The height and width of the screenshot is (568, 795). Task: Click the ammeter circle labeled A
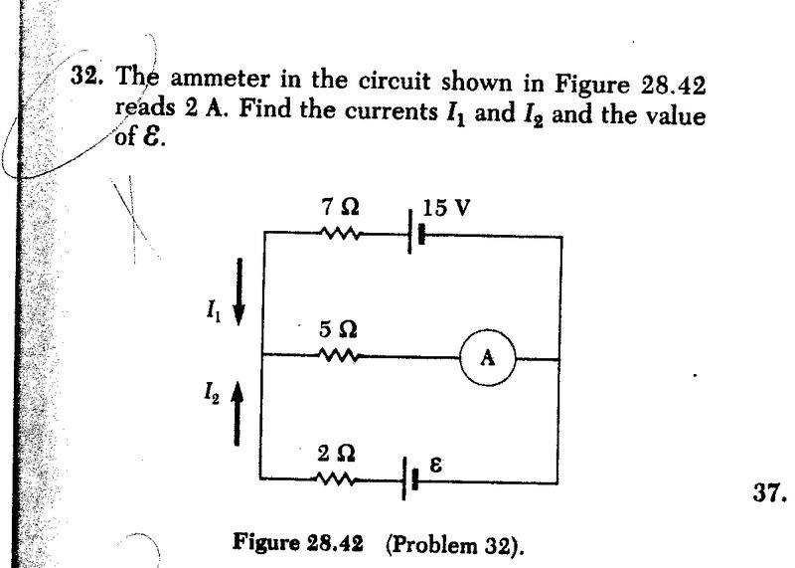point(487,358)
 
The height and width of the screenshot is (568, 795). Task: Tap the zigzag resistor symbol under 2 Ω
point(338,478)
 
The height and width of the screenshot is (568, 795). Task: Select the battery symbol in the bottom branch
point(409,477)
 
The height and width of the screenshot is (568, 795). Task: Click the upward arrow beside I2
point(237,418)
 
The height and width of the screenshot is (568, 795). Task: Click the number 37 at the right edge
point(765,490)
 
